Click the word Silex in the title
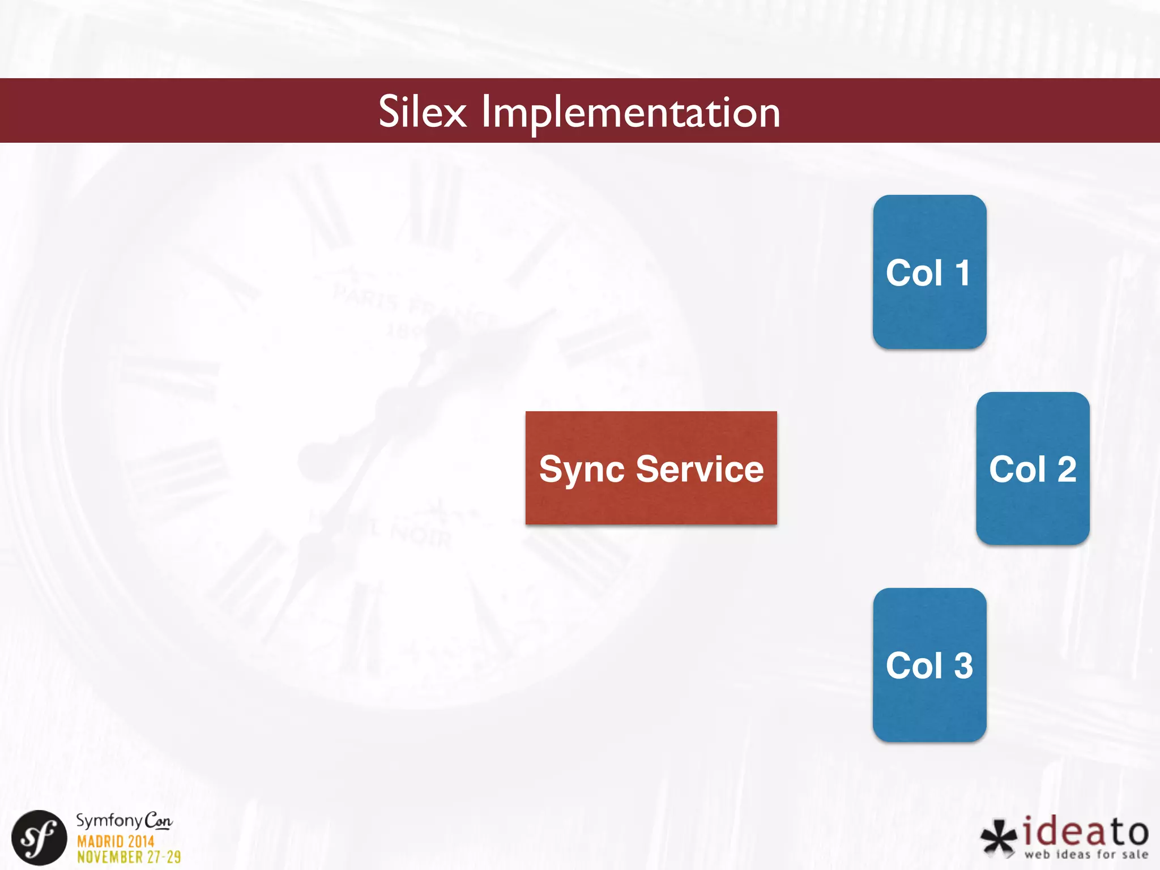point(422,112)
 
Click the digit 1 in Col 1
point(962,273)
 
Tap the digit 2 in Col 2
point(1067,470)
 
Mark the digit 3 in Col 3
point(963,666)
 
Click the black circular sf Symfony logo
point(39,838)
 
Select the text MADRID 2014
point(116,841)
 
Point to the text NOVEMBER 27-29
point(129,857)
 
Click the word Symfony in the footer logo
point(109,821)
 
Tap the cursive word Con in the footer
point(158,821)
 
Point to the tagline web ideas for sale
point(1086,854)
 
